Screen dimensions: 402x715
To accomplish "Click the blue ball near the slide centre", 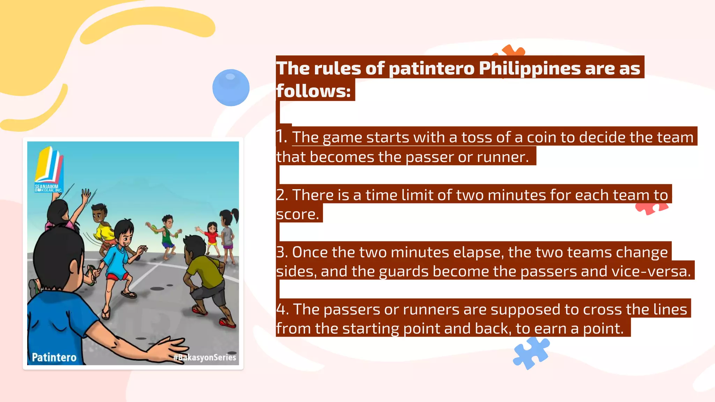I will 231,88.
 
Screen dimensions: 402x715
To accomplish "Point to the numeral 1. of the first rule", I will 281,136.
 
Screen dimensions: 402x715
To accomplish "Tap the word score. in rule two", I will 297,214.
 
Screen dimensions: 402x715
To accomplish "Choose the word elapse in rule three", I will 476,252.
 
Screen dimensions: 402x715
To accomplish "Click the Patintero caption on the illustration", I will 54,357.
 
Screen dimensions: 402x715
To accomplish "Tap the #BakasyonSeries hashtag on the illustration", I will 205,357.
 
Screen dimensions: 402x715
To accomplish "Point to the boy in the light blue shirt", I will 119,258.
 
